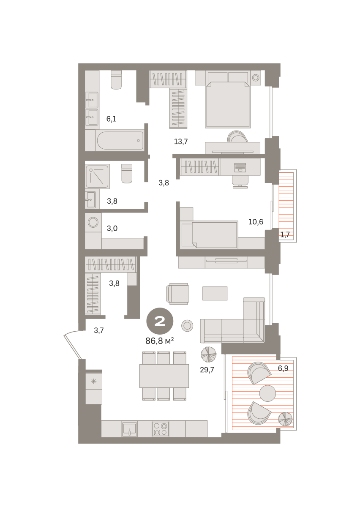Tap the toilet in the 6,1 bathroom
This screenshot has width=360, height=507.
[x=116, y=79]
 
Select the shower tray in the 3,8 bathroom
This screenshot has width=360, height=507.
[x=97, y=177]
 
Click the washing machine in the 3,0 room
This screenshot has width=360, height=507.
[x=93, y=222]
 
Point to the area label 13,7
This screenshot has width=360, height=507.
[x=181, y=142]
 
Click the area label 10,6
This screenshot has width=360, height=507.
[x=256, y=222]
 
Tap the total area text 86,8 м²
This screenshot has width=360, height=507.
[x=160, y=341]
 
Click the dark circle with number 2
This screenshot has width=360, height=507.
[x=160, y=321]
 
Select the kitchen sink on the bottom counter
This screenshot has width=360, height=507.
[x=130, y=429]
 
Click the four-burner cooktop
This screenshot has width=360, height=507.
[x=160, y=429]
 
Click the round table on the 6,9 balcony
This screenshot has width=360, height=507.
[x=267, y=394]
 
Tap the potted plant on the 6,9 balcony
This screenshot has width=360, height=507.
[x=286, y=419]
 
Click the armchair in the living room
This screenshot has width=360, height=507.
[x=178, y=294]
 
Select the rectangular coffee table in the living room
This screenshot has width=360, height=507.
[x=215, y=293]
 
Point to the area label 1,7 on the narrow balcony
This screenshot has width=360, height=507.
[x=285, y=234]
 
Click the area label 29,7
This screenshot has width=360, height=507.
[x=207, y=370]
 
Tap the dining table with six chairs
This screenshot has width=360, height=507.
[x=164, y=376]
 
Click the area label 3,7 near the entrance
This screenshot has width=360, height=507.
[x=99, y=330]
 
